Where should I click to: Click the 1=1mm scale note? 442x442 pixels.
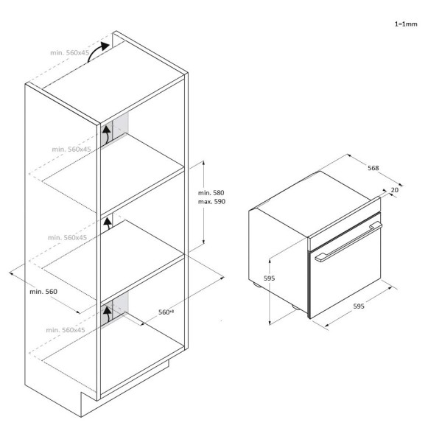coord(406,24)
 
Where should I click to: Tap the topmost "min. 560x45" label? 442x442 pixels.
coord(70,53)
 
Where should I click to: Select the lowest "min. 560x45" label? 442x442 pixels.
coord(66,330)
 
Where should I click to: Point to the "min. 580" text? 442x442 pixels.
coord(211,193)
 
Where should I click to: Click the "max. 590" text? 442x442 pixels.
coord(211,202)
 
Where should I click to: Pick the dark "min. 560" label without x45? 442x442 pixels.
coord(43,292)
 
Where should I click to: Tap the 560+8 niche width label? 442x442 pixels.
coord(166,312)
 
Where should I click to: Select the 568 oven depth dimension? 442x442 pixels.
coord(373,168)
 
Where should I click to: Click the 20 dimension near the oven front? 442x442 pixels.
coord(395,190)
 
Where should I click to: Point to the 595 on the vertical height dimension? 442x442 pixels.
coord(269,278)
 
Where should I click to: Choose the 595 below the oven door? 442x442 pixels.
coord(359,306)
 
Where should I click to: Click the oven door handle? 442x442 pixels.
coord(348,242)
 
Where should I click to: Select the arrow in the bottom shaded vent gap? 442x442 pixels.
coord(107,315)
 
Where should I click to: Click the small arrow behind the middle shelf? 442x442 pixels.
coord(108,222)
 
